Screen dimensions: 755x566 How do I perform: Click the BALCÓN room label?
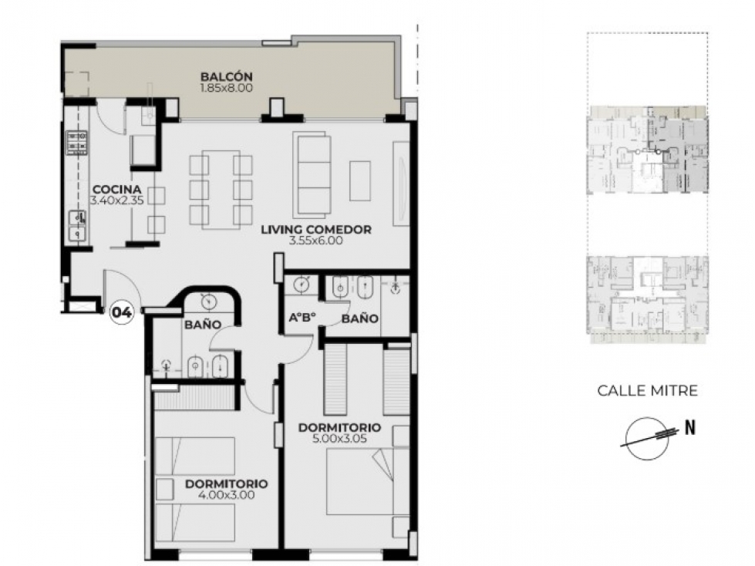pyautogui.click(x=226, y=77)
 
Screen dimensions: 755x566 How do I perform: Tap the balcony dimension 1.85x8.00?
pyautogui.click(x=226, y=88)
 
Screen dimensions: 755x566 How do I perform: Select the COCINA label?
pyautogui.click(x=117, y=190)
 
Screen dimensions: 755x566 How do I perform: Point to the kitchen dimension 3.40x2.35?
pyautogui.click(x=117, y=200)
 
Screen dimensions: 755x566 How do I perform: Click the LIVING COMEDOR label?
pyautogui.click(x=316, y=230)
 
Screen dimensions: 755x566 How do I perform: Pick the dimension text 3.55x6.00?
pyautogui.click(x=316, y=241)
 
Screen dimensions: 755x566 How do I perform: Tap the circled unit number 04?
pyautogui.click(x=122, y=313)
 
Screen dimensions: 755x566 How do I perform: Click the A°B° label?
pyautogui.click(x=302, y=318)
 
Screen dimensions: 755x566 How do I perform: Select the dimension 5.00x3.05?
pyautogui.click(x=339, y=439)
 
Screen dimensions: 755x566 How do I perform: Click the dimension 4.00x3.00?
pyautogui.click(x=226, y=495)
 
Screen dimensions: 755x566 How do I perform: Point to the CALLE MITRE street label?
pyautogui.click(x=647, y=390)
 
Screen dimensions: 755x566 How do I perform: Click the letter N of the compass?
pyautogui.click(x=690, y=427)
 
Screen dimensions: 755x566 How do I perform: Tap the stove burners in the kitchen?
pyautogui.click(x=76, y=143)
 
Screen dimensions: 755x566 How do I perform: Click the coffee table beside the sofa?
pyautogui.click(x=360, y=180)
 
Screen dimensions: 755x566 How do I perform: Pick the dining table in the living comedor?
pyautogui.click(x=221, y=190)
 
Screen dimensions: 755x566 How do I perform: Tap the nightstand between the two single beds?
pyautogui.click(x=165, y=489)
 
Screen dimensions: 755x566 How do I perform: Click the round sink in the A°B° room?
pyautogui.click(x=302, y=285)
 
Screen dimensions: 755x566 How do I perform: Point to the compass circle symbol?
pyautogui.click(x=647, y=439)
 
